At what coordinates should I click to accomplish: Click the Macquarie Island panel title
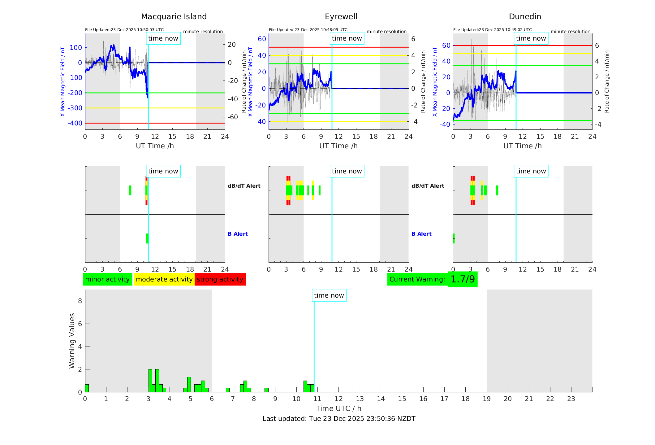tap(174, 17)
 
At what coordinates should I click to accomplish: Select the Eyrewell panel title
tap(341, 17)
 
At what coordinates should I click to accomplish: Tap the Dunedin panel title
tap(525, 17)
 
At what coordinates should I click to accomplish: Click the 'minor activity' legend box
tap(107, 279)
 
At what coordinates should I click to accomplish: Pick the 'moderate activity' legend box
tap(164, 279)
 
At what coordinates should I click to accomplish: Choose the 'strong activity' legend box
tap(220, 279)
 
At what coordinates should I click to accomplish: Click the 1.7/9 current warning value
tap(463, 279)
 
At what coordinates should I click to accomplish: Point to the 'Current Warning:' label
tap(417, 279)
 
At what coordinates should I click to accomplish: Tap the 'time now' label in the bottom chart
tap(329, 295)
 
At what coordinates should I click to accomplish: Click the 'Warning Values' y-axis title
tap(72, 341)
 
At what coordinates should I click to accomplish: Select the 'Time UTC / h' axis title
tap(338, 408)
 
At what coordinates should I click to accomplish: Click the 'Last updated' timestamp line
tap(339, 419)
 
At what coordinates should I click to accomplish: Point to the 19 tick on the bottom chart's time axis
tap(487, 399)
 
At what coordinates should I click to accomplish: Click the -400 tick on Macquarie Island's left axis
tap(75, 123)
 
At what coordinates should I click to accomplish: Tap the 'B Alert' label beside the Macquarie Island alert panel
tap(238, 234)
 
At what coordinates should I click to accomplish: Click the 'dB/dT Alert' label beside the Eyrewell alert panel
tap(428, 186)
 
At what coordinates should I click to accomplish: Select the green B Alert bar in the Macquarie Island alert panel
tap(147, 238)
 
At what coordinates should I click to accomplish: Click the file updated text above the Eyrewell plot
tap(308, 30)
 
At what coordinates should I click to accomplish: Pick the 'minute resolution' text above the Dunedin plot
tap(570, 32)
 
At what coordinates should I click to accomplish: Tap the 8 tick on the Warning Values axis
tap(80, 301)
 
